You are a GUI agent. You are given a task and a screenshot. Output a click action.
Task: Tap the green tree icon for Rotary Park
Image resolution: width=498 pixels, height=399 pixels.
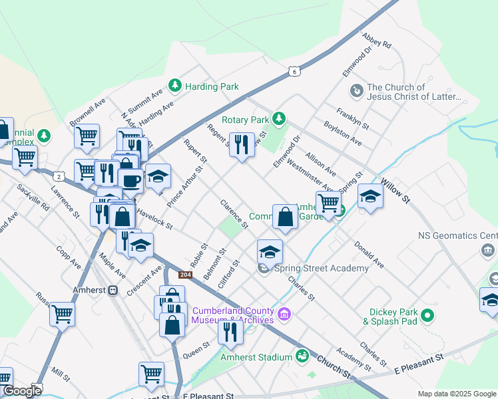tap(280, 118)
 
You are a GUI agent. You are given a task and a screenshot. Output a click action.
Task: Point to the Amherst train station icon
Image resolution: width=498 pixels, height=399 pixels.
tap(113, 291)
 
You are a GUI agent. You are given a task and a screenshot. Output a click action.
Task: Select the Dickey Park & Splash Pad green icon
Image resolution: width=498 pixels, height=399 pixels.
tap(427, 315)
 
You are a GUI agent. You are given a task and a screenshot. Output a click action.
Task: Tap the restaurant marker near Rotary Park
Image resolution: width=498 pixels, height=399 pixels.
tap(242, 144)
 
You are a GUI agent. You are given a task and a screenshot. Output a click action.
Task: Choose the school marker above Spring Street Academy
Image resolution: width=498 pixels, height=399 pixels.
tap(270, 251)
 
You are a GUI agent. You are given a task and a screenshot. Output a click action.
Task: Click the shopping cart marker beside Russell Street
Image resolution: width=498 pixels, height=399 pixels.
tap(63, 313)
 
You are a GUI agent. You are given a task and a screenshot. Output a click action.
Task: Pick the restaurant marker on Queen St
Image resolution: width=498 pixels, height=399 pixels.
tap(230, 331)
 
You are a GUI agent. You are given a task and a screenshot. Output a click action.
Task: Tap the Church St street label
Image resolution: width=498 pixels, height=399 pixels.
tap(333, 366)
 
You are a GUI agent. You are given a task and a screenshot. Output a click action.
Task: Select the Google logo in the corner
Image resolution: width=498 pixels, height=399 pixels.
tap(21, 392)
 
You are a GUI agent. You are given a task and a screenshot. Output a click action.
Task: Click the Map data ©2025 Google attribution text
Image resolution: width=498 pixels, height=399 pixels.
tap(457, 394)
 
